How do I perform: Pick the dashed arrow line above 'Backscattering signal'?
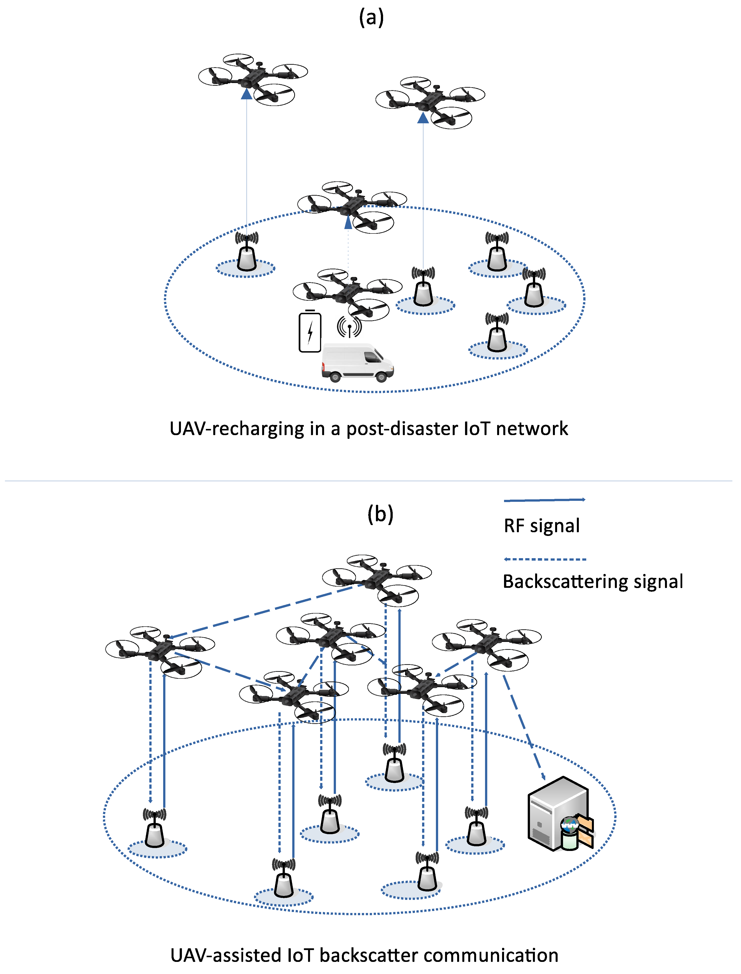click(x=545, y=559)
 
